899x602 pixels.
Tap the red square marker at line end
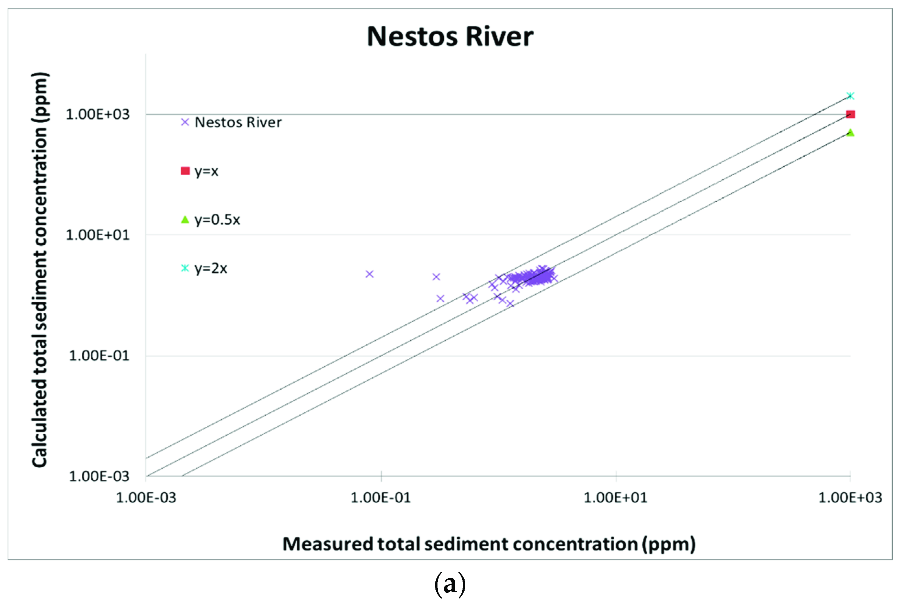(x=851, y=114)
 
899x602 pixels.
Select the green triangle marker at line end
(x=851, y=132)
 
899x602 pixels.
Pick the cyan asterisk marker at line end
(x=851, y=96)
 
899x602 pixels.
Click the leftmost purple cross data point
(x=369, y=274)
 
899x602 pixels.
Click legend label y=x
(x=206, y=171)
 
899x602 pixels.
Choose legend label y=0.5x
(x=217, y=220)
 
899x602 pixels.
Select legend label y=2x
(x=210, y=268)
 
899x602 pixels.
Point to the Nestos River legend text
(x=238, y=122)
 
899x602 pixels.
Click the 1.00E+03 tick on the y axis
(x=98, y=114)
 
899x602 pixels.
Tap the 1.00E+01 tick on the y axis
(x=98, y=235)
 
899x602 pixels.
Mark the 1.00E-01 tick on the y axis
(x=99, y=356)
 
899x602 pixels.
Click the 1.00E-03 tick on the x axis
(x=146, y=498)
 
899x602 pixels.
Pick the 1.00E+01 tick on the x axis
(x=615, y=498)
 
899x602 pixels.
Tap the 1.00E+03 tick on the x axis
(x=850, y=498)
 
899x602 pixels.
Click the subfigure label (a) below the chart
(x=450, y=584)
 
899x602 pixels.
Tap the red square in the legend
(x=185, y=171)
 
